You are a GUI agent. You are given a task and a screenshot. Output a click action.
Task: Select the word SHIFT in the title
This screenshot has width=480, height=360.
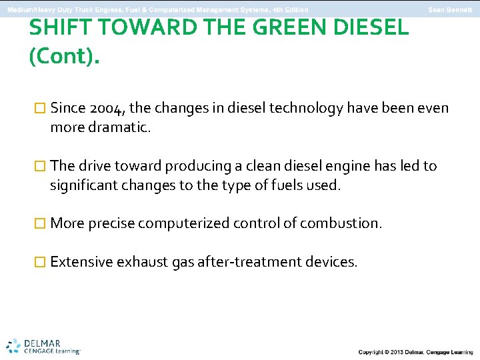(x=59, y=27)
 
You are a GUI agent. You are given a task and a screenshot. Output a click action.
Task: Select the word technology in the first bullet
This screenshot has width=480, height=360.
(x=306, y=108)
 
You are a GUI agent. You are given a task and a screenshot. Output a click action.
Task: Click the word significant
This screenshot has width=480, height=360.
(x=83, y=185)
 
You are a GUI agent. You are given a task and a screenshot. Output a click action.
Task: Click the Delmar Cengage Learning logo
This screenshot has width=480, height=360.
(x=44, y=345)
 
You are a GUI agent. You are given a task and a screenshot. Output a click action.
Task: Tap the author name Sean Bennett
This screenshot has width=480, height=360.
(x=450, y=10)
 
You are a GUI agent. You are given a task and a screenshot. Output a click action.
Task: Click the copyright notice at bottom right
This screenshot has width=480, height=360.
(x=415, y=351)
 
